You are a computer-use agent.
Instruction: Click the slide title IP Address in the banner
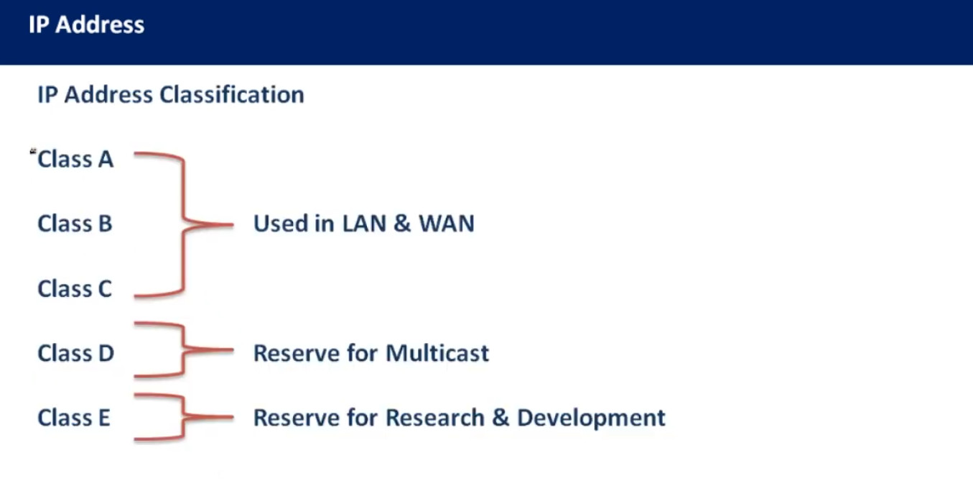click(86, 24)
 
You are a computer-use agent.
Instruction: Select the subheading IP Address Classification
click(171, 94)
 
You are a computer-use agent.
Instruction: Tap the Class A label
click(75, 159)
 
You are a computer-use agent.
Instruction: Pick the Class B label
click(75, 223)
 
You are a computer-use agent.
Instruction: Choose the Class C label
click(75, 288)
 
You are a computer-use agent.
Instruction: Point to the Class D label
click(76, 353)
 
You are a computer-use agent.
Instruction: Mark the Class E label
click(74, 418)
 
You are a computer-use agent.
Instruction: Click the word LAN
click(364, 224)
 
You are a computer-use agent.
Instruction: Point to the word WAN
click(447, 224)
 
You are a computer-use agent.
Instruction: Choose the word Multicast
click(437, 353)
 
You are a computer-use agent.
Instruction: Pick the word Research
click(435, 418)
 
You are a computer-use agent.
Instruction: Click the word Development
click(591, 418)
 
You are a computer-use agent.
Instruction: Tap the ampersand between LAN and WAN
click(402, 224)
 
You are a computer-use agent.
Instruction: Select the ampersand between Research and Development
click(501, 418)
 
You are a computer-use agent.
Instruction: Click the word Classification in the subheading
click(232, 94)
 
